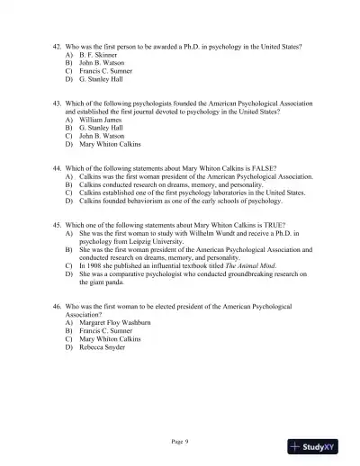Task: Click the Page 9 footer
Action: coord(180,441)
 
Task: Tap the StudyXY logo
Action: coord(320,445)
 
